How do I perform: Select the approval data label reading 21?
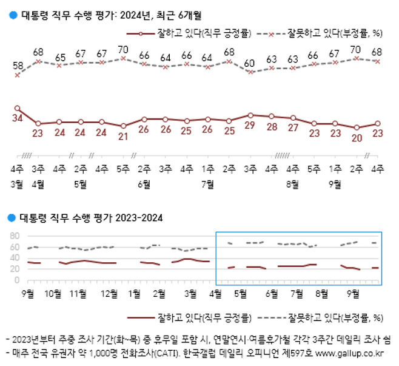(x=123, y=136)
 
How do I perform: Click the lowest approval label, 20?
(x=357, y=137)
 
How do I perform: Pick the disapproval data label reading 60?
(x=250, y=63)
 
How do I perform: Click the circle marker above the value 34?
(x=18, y=108)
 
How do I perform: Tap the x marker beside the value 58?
(x=18, y=75)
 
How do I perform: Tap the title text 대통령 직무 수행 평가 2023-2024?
(x=91, y=217)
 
